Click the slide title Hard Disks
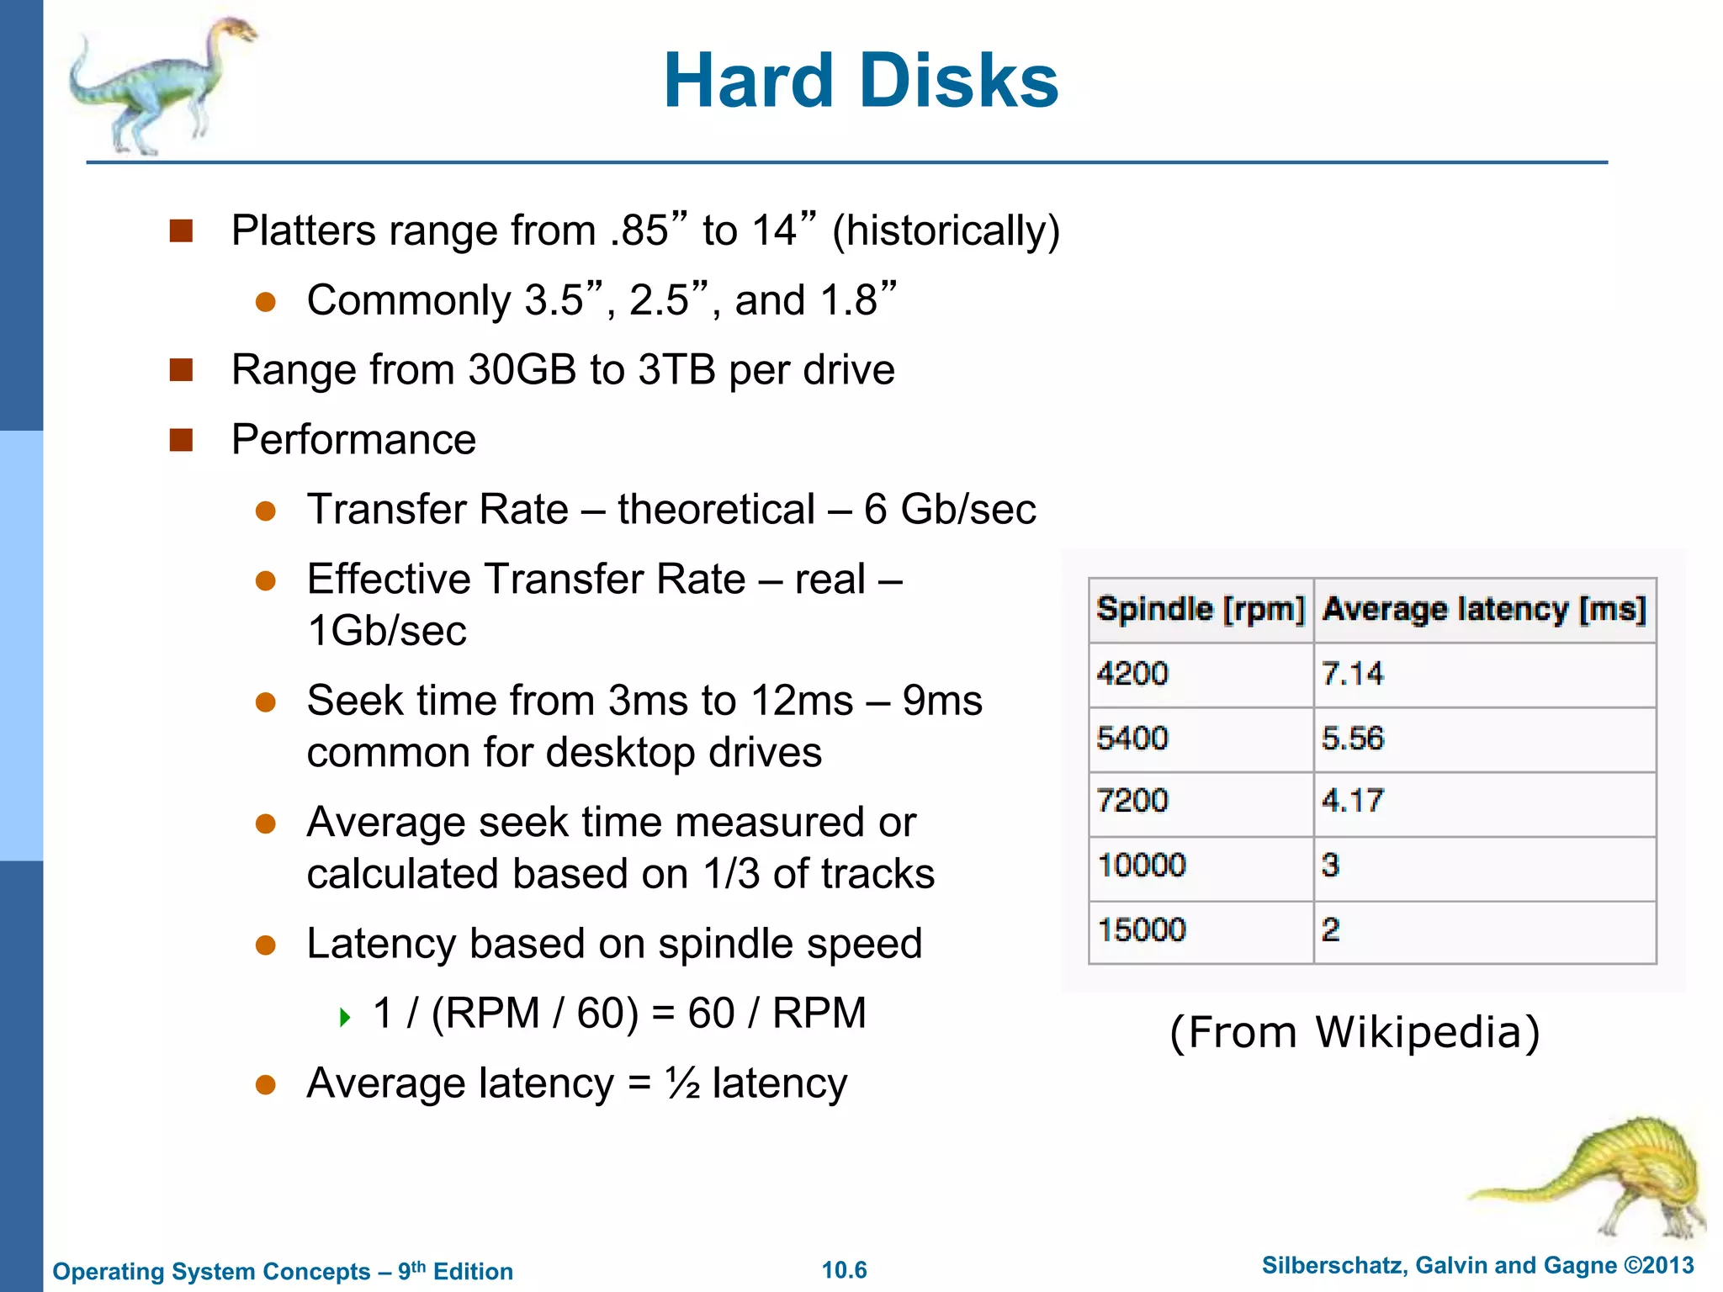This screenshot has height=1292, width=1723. pyautogui.click(x=861, y=81)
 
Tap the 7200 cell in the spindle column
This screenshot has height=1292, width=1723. pyautogui.click(x=1132, y=801)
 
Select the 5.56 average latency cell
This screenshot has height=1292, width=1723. pyautogui.click(x=1352, y=739)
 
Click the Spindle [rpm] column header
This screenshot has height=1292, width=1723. pyautogui.click(x=1201, y=609)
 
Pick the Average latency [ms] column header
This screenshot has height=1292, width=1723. pyautogui.click(x=1484, y=609)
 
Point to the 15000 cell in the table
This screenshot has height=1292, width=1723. pyautogui.click(x=1142, y=930)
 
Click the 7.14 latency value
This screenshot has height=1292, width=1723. pyautogui.click(x=1352, y=674)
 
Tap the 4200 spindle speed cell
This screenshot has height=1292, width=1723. pyautogui.click(x=1132, y=674)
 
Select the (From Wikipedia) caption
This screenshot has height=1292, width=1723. pyautogui.click(x=1355, y=1032)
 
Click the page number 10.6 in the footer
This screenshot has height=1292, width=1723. pyautogui.click(x=844, y=1270)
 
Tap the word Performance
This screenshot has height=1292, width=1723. pyautogui.click(x=353, y=439)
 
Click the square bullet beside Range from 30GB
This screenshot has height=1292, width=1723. pyautogui.click(x=182, y=370)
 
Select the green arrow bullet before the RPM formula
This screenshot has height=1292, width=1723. pyautogui.click(x=344, y=1018)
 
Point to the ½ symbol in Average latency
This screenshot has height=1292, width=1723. pyautogui.click(x=682, y=1083)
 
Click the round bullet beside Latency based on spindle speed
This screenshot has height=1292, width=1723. pyautogui.click(x=266, y=945)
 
